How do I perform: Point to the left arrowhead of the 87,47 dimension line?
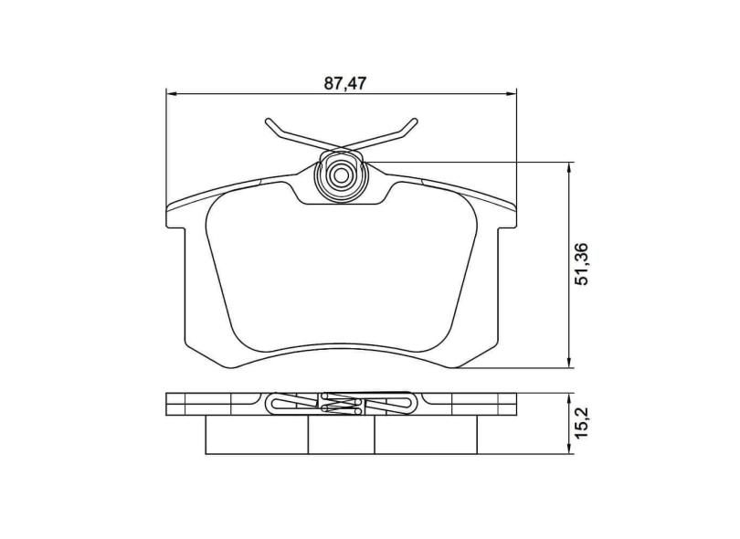coord(171,93)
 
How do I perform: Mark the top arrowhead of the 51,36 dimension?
coord(571,167)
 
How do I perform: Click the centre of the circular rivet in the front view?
coord(342,174)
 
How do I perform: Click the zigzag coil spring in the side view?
coord(344,404)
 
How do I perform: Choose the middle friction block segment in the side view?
coord(342,435)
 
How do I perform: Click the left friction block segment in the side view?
coord(256,435)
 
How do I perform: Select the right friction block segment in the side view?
coord(428,435)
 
